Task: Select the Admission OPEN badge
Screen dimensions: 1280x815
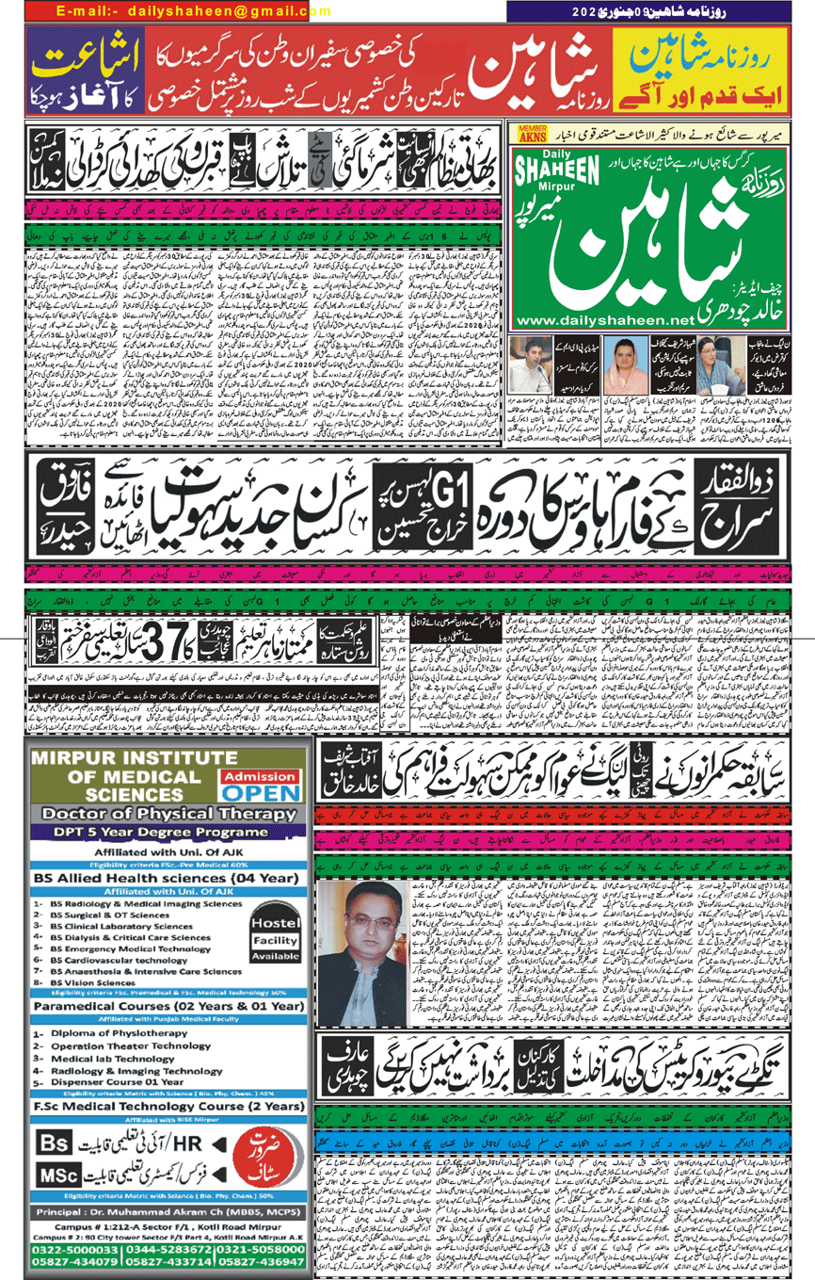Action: point(260,784)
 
